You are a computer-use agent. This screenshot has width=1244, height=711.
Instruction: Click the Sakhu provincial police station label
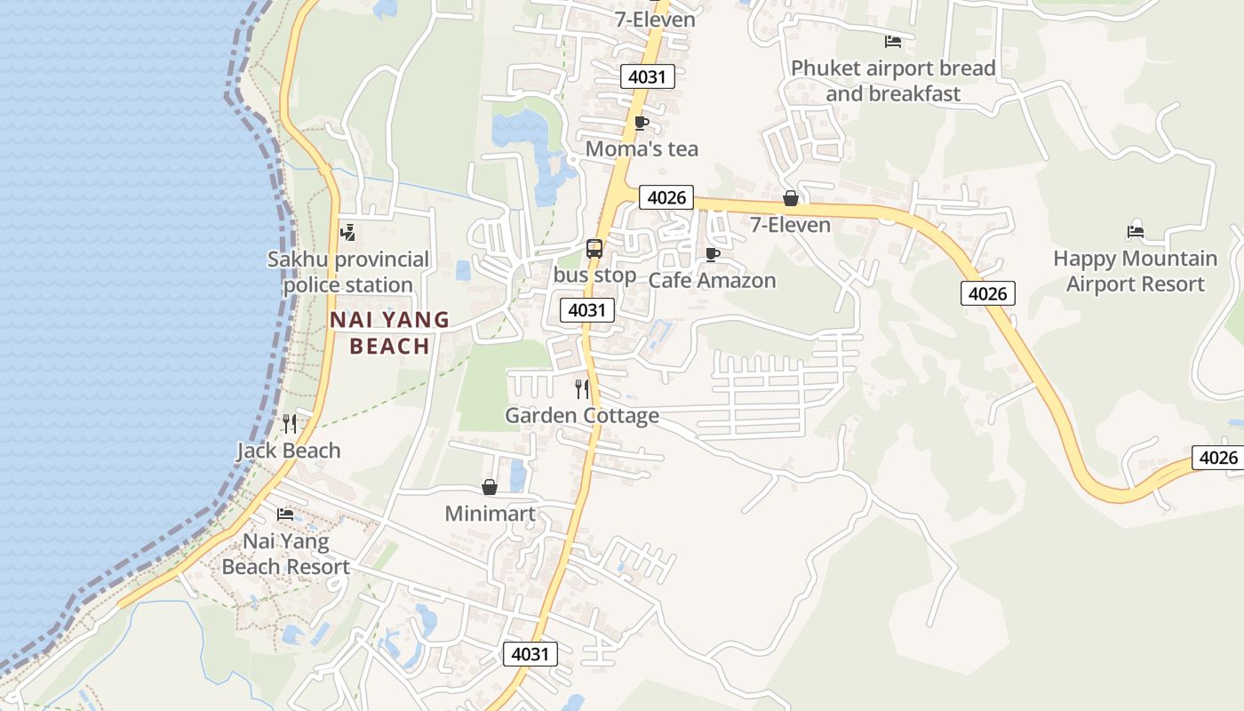(348, 272)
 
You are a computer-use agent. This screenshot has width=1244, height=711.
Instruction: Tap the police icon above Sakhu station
(347, 233)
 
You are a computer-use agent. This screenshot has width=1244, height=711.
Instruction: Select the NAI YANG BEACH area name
(390, 332)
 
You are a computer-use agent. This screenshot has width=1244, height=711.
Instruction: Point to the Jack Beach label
(289, 451)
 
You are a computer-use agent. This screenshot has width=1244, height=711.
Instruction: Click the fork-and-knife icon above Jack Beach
(289, 423)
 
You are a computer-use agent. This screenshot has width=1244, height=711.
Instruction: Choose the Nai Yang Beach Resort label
(285, 554)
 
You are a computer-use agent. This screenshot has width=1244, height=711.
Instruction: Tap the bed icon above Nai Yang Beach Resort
(285, 515)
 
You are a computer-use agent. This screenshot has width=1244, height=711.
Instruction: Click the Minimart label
(490, 514)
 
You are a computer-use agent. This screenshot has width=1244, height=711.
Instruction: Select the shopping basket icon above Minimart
(490, 487)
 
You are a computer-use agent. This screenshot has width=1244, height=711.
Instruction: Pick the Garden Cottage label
(582, 415)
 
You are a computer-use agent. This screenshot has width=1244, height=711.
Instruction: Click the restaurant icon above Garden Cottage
(582, 388)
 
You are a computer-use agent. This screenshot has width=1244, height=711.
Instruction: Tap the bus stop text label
(594, 276)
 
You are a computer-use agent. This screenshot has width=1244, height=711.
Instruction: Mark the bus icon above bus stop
(594, 249)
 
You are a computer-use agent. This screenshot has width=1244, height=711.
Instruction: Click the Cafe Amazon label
(712, 281)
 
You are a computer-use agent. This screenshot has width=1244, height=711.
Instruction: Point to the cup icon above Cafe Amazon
(712, 254)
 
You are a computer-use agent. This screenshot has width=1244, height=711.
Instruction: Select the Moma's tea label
(642, 149)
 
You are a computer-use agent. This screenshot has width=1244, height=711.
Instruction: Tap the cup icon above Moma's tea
(642, 123)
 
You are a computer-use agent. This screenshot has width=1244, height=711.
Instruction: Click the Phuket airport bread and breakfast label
(893, 81)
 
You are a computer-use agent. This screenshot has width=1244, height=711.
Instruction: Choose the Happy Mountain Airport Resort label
(1135, 271)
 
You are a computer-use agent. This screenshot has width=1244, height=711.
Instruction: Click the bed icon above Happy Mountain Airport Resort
(1135, 232)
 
